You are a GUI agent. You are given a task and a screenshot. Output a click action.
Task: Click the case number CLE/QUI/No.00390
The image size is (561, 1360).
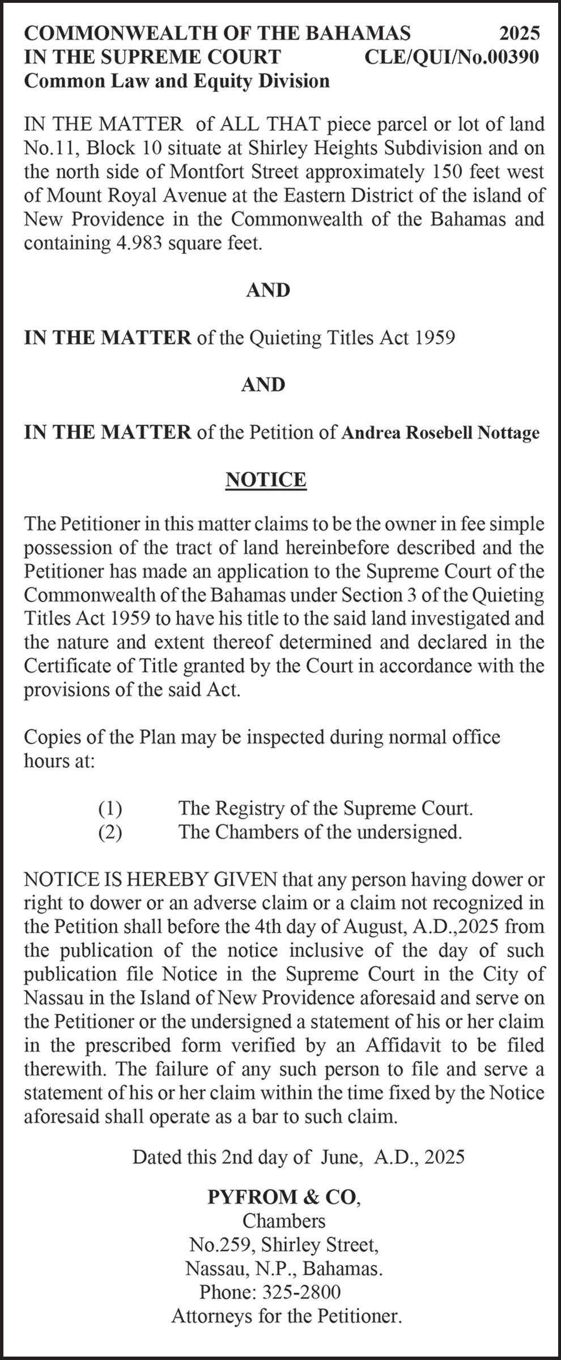pos(451,57)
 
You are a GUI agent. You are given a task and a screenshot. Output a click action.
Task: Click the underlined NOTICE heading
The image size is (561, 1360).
pos(266,479)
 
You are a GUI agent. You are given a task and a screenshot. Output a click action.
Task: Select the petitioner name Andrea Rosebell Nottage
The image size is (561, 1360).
pos(440,432)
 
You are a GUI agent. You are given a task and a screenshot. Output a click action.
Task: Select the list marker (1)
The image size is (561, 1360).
pos(110,808)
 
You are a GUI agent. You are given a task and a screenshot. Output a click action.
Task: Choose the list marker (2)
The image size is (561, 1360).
pos(110,832)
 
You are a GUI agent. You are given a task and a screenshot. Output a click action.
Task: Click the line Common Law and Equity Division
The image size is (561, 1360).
pos(177,81)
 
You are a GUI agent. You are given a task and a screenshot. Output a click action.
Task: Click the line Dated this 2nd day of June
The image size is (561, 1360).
pos(298,1157)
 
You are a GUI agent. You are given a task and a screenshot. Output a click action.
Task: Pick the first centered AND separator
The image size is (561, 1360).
pos(268,290)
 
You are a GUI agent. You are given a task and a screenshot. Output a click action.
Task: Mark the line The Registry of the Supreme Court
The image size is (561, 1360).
pos(325,808)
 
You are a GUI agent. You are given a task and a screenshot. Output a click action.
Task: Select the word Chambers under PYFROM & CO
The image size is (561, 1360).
pos(283,1220)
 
